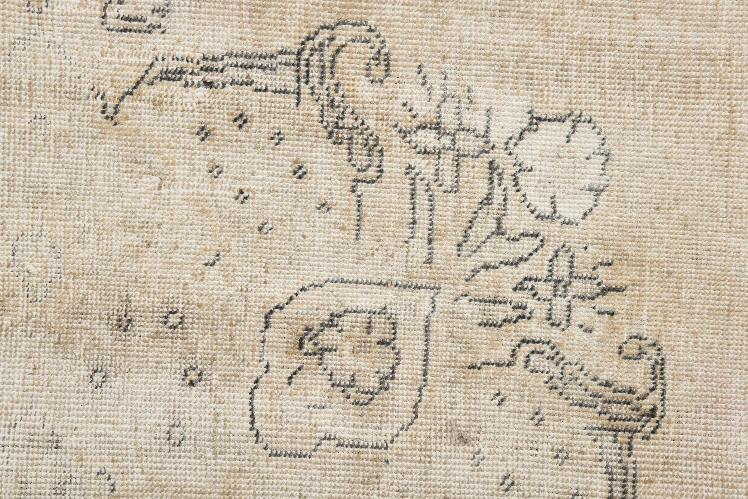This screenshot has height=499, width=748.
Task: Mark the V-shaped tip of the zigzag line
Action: pos(108,112)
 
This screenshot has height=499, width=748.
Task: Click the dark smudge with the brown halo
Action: pos(125,321)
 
